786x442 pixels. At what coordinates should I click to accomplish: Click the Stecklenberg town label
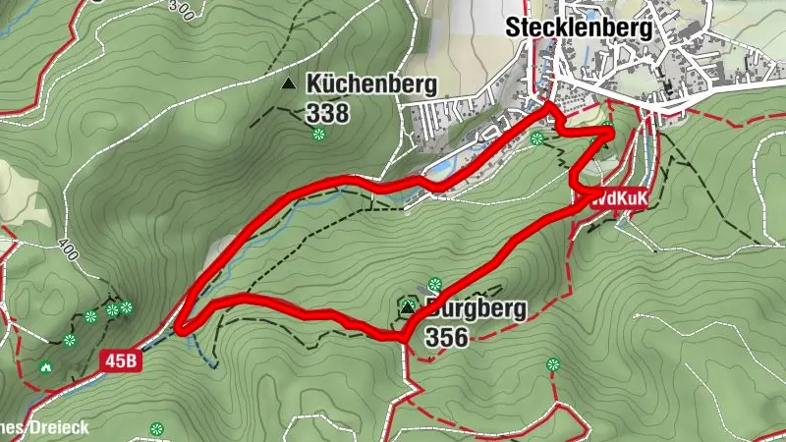point(579,29)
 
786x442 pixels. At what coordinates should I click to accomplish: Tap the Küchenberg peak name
point(371,84)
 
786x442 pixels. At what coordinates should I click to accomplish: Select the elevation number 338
point(327,113)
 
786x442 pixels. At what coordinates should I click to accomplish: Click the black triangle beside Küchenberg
point(288,85)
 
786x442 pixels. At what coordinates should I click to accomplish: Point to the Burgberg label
point(477,309)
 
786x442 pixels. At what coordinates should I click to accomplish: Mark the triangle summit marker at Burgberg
point(407,309)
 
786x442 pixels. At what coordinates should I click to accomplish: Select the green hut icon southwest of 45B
point(45,367)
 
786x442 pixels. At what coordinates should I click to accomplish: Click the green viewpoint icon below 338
point(318,135)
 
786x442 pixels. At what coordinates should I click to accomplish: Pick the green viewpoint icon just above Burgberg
point(434,284)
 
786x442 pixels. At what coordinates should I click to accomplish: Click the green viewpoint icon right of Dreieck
point(156,428)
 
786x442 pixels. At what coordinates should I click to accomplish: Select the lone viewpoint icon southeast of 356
point(552,364)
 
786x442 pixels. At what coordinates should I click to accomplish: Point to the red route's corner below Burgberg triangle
point(404,338)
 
